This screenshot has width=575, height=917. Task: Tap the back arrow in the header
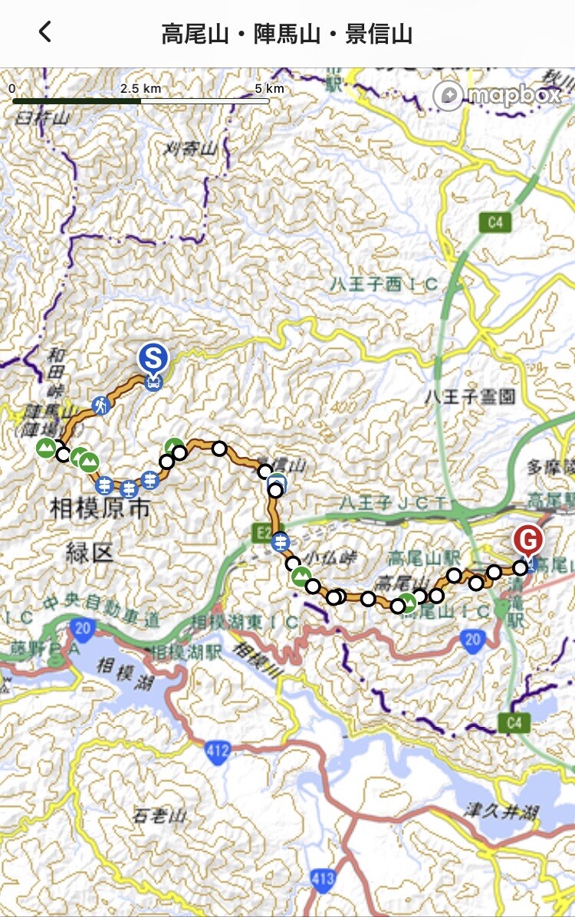click(45, 31)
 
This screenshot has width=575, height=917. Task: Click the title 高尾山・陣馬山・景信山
click(287, 34)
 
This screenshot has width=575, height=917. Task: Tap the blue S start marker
click(153, 358)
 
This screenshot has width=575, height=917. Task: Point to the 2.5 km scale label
click(140, 88)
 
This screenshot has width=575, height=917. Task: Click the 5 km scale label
click(269, 88)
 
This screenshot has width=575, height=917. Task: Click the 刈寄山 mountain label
click(190, 150)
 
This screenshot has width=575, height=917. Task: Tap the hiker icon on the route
click(100, 405)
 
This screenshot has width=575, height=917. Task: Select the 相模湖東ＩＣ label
click(245, 623)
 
